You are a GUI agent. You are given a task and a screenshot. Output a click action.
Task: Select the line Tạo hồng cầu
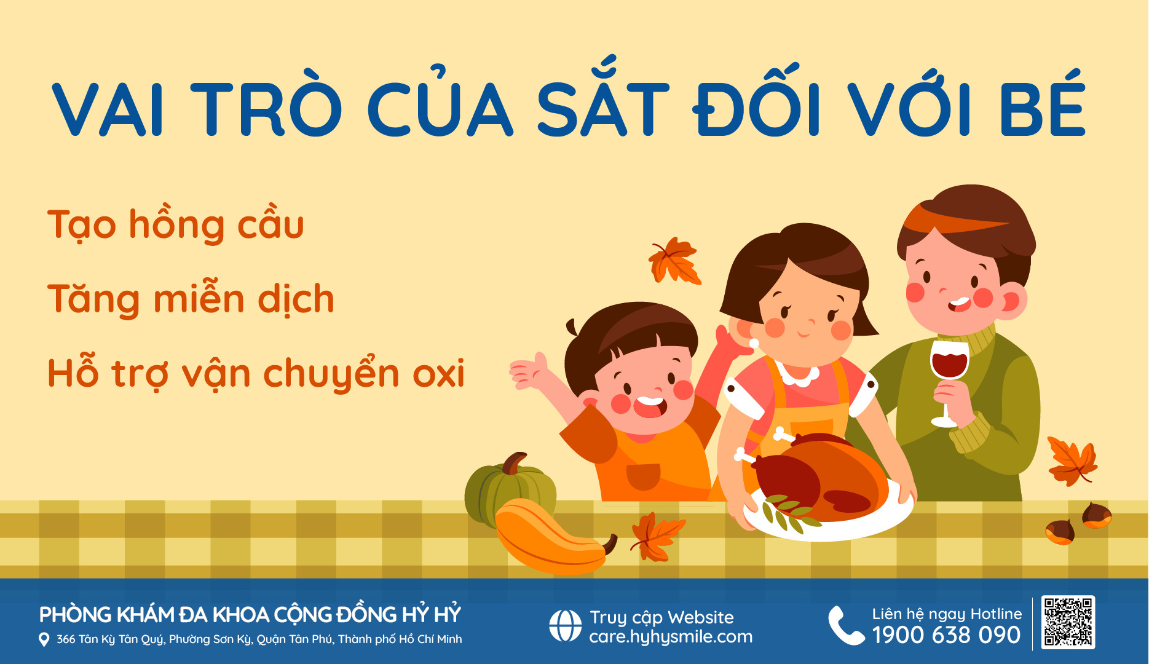click(176, 225)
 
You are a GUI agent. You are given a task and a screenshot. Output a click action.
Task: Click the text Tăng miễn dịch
click(191, 299)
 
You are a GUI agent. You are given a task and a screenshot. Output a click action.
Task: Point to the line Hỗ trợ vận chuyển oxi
click(256, 373)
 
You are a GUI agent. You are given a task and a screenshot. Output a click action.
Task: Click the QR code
click(1068, 622)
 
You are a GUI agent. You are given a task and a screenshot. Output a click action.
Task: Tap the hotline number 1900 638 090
click(947, 635)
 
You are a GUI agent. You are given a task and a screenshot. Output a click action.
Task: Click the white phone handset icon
click(846, 625)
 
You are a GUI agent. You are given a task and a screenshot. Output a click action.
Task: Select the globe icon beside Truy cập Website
click(565, 626)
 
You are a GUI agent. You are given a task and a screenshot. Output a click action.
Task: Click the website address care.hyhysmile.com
click(671, 637)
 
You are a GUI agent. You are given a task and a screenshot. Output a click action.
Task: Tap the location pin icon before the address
click(44, 639)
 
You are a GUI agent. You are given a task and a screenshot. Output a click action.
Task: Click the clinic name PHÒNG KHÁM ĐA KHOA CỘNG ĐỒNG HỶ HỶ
click(250, 615)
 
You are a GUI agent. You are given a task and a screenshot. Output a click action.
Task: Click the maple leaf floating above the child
click(674, 261)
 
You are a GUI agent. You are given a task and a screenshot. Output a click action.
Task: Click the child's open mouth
click(650, 406)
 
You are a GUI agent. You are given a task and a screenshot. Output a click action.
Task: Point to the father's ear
click(1011, 301)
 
